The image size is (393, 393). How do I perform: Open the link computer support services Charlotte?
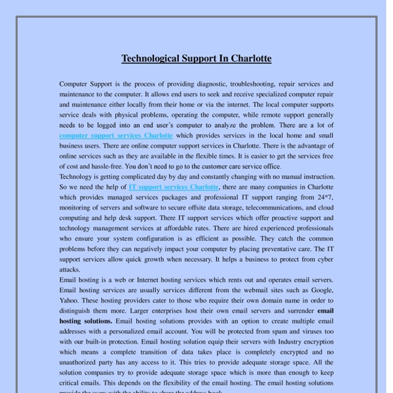point(116,135)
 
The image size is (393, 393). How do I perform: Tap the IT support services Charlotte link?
point(174,187)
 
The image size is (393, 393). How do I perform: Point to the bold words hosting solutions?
point(85,322)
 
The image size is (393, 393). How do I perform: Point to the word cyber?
point(324,259)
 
